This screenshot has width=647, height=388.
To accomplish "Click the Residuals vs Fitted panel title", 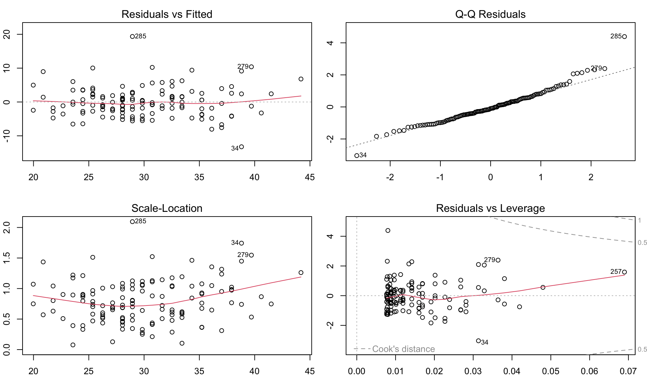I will [167, 14].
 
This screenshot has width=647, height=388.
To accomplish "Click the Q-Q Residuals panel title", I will [490, 14].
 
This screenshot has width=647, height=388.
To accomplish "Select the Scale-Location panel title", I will [167, 208].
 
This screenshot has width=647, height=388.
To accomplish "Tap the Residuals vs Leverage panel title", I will [490, 208].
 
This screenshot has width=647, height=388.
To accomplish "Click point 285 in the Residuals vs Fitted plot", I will [132, 36].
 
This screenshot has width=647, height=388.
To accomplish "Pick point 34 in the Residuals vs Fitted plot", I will [241, 147].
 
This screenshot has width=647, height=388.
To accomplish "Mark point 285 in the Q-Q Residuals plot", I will [624, 37].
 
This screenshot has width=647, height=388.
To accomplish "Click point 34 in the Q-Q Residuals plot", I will [357, 156].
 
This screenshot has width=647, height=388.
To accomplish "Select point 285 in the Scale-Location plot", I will [132, 222].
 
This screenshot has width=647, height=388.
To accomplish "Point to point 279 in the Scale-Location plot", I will [251, 255].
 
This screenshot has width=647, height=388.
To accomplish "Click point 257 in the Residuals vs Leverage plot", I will [624, 272].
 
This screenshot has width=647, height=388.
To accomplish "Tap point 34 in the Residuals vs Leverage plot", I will [479, 341].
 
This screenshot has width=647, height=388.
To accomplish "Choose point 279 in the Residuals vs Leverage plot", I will [498, 260].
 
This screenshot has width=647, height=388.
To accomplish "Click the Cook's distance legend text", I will [403, 349].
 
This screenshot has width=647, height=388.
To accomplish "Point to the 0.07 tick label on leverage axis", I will [628, 371].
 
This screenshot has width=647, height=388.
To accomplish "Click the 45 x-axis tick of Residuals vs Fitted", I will [310, 177].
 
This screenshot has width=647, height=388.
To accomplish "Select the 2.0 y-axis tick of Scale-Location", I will [7, 228].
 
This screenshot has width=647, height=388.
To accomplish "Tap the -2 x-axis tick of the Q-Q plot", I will [390, 177].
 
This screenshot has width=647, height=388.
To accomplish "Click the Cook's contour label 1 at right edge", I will [640, 221].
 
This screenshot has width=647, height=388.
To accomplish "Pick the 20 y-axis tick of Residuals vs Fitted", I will [7, 34].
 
